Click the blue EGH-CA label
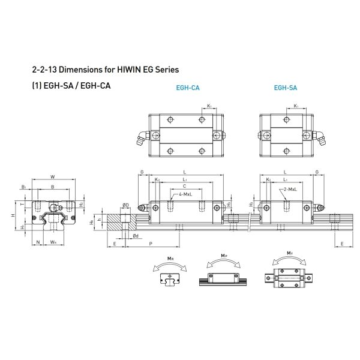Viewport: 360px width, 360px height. point(188,88)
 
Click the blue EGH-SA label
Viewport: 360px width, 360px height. point(285,88)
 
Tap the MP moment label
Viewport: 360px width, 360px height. point(223,255)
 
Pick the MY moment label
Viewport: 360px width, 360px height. point(290,254)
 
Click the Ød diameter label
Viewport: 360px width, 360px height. point(136,236)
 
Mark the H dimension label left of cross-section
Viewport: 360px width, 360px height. point(13,214)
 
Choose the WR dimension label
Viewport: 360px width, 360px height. point(53,243)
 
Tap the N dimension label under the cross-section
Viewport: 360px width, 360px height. point(38,243)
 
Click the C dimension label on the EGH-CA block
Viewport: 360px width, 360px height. point(184,186)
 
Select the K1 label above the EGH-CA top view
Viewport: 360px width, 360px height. point(209,106)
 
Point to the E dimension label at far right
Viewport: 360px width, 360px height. point(342,244)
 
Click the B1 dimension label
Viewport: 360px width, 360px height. point(23,187)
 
